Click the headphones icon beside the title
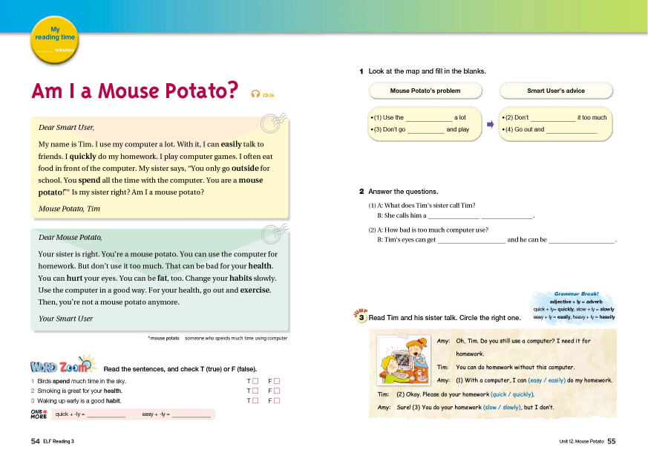[x=255, y=93]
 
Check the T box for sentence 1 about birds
[x=255, y=381]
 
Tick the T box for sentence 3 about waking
[x=255, y=400]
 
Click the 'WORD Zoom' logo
[x=62, y=366]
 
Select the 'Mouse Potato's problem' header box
[x=425, y=91]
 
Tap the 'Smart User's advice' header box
[x=556, y=91]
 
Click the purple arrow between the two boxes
[x=490, y=125]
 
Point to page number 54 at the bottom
[x=35, y=441]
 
